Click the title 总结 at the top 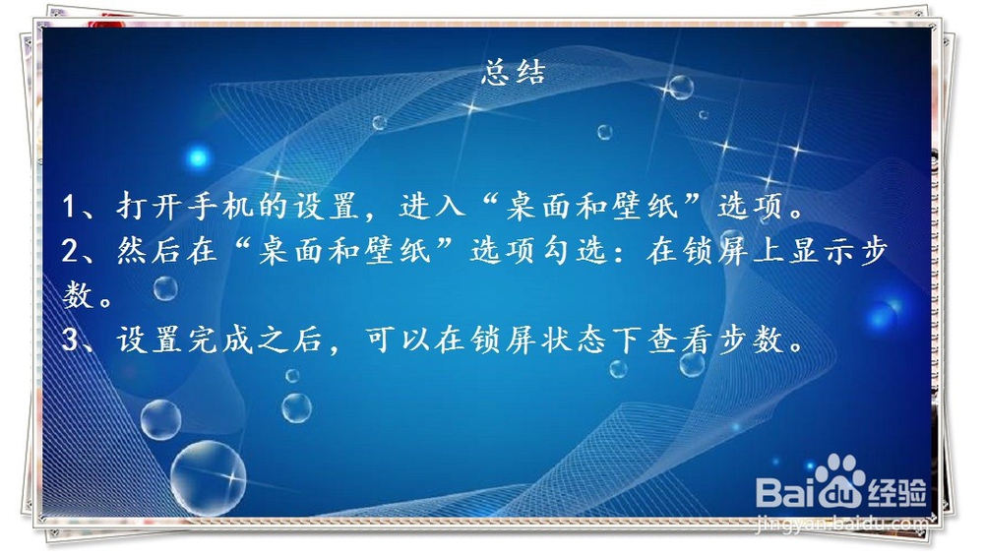[513, 74]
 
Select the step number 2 [70, 252]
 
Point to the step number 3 [70, 341]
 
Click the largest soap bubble [208, 477]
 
